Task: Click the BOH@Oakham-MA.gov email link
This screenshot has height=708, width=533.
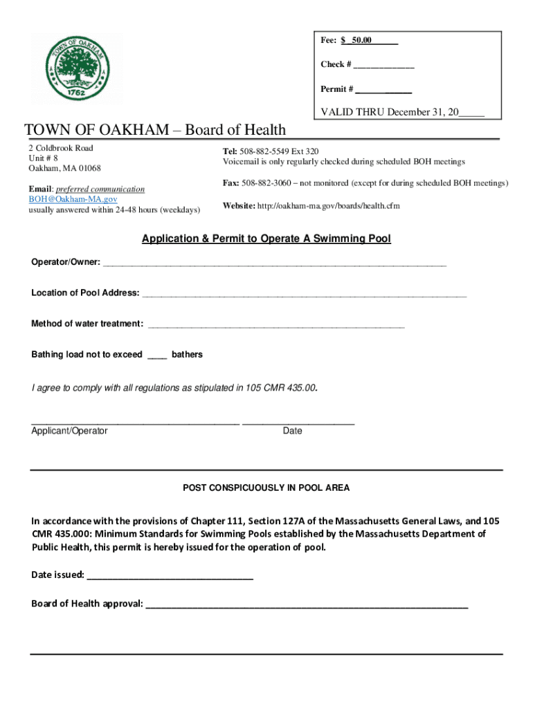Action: coord(68,199)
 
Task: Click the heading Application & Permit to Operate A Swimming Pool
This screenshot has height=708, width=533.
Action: coord(266,239)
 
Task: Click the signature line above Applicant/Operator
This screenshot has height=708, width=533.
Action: coord(135,422)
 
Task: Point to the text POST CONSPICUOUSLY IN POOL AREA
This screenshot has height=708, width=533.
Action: coord(266,488)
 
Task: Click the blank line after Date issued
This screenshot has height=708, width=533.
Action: coord(170,576)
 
